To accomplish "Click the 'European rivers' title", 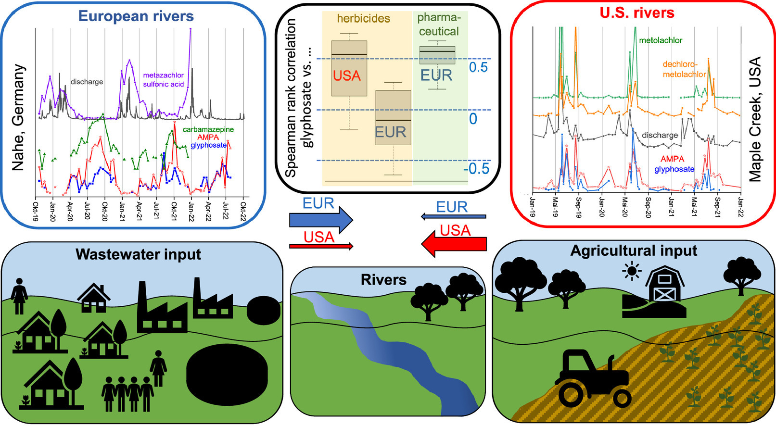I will coord(136,16).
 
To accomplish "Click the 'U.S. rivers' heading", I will coord(637,13).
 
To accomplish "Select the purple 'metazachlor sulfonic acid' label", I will coord(164,80).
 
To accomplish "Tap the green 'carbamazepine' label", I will coord(208,129).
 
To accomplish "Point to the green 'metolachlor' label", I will coord(661,40).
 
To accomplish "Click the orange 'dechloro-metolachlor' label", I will coord(684,69).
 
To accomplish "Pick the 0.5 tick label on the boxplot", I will coord(478,67).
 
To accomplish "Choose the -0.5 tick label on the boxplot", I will coord(476,169).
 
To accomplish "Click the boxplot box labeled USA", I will coord(349,68).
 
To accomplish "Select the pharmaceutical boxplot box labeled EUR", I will coord(437,55).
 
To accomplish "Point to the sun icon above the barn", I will coord(632,271).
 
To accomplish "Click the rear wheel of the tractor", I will coord(572,395).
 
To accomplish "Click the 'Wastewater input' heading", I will coord(138,254).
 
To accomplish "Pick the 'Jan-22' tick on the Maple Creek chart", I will coord(740,207).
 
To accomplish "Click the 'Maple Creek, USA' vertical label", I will coord(755,119).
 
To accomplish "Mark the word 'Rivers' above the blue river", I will coord(383,280).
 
